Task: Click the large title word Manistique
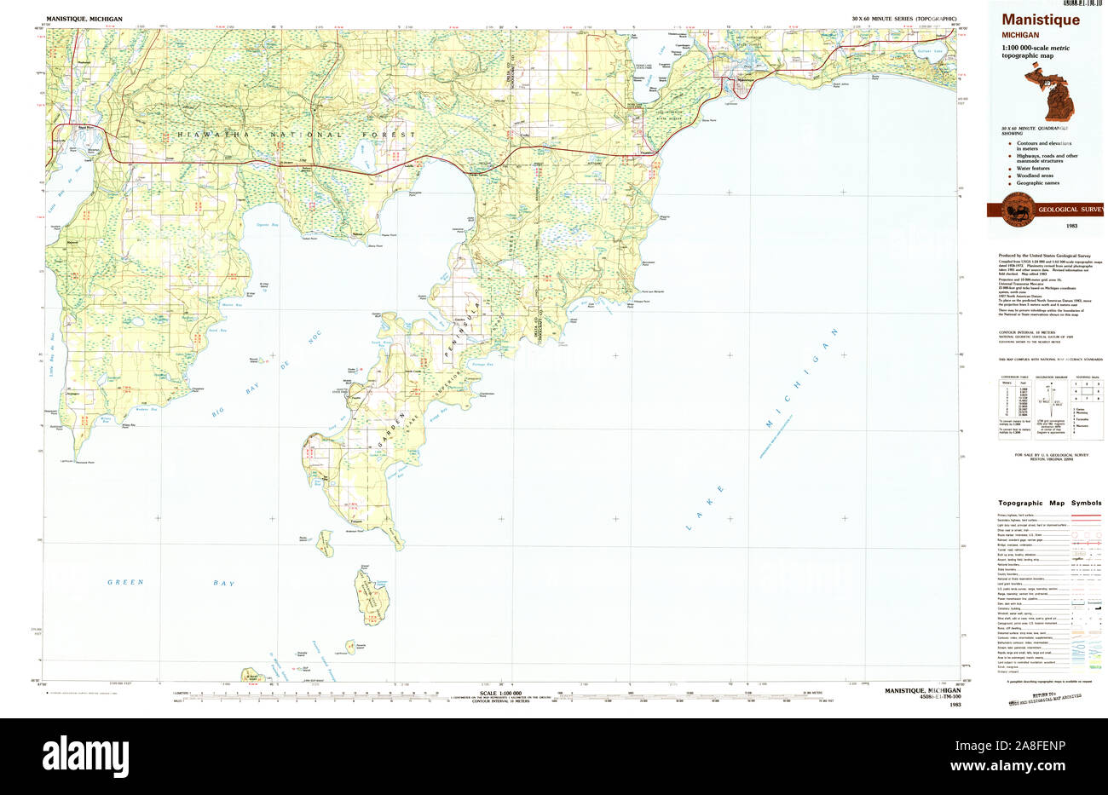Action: point(1040,20)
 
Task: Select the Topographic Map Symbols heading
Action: point(1043,504)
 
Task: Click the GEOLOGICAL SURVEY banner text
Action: point(1070,210)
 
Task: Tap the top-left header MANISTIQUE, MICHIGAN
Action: point(84,18)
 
